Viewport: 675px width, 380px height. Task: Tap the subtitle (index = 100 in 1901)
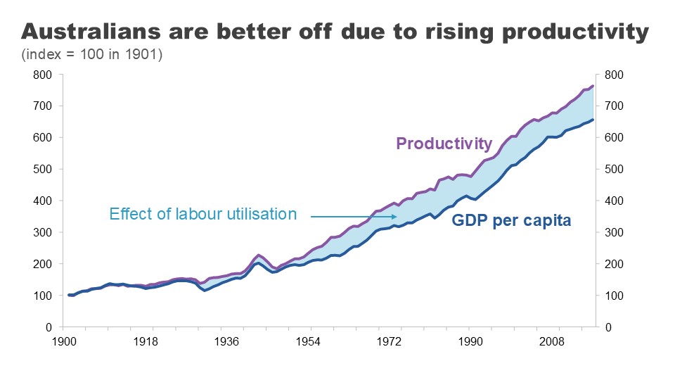point(92,54)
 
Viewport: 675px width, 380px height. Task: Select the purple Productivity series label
point(444,144)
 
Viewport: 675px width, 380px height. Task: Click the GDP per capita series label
point(510,220)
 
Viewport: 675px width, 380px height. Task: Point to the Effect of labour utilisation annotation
point(203,215)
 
